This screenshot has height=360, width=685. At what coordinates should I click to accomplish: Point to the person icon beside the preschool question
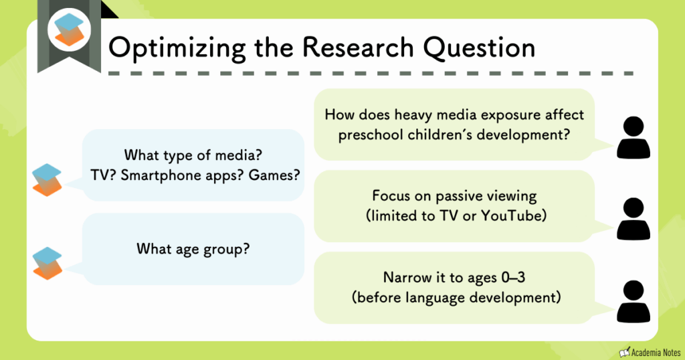633,137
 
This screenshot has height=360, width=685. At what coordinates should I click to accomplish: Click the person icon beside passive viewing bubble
633,219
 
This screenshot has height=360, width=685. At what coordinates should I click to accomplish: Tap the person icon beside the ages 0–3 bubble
633,302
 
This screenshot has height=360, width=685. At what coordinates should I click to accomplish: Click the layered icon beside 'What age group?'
47,263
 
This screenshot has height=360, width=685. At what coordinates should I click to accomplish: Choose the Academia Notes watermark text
654,351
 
